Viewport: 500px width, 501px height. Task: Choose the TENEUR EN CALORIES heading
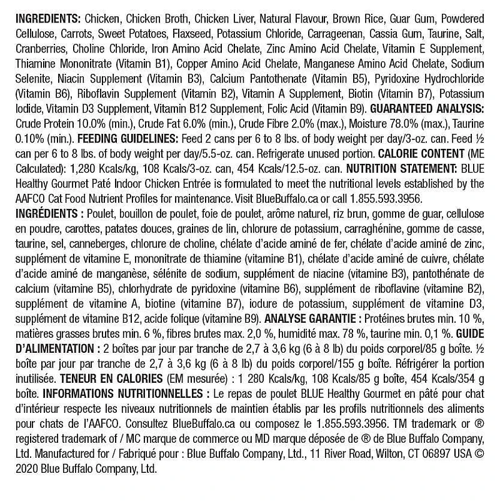click(124, 378)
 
